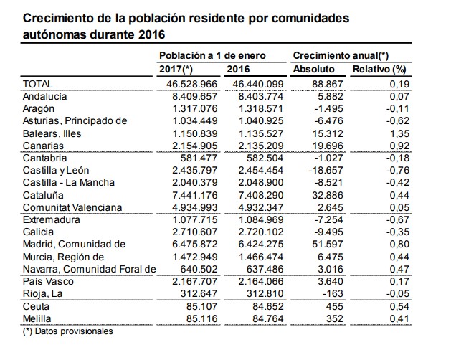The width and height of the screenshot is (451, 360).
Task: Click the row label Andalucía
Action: [x=44, y=96]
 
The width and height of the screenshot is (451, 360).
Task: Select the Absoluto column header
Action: [x=314, y=69]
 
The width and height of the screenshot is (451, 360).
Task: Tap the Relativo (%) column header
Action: [x=379, y=69]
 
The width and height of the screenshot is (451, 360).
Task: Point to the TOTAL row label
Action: [x=38, y=84]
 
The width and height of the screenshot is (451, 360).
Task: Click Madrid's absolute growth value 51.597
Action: [x=328, y=244]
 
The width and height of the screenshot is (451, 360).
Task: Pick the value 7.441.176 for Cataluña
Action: [x=195, y=195]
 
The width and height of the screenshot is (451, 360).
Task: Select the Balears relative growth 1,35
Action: [x=399, y=133]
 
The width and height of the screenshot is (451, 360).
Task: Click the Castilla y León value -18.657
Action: [x=326, y=170]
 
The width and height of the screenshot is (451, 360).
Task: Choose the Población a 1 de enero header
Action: [x=212, y=55]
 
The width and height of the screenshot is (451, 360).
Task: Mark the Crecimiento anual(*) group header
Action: [x=341, y=55]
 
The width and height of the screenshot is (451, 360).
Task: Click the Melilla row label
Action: [x=37, y=318]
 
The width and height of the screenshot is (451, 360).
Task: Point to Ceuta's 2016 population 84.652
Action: [x=268, y=306]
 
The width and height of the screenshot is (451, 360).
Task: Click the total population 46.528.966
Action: [x=192, y=84]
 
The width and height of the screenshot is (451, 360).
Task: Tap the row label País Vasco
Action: [x=48, y=281]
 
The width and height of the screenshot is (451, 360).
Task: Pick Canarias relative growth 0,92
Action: [x=399, y=146]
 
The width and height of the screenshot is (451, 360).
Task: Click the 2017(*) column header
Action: [x=176, y=69]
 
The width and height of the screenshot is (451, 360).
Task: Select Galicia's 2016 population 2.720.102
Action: [x=261, y=232]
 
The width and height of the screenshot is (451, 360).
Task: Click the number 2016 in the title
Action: [x=151, y=34]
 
